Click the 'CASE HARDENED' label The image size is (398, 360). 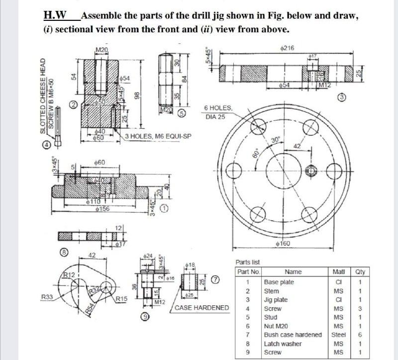tap(202, 308)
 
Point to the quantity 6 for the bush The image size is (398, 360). tap(359, 335)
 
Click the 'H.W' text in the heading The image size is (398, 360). tap(54, 16)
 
